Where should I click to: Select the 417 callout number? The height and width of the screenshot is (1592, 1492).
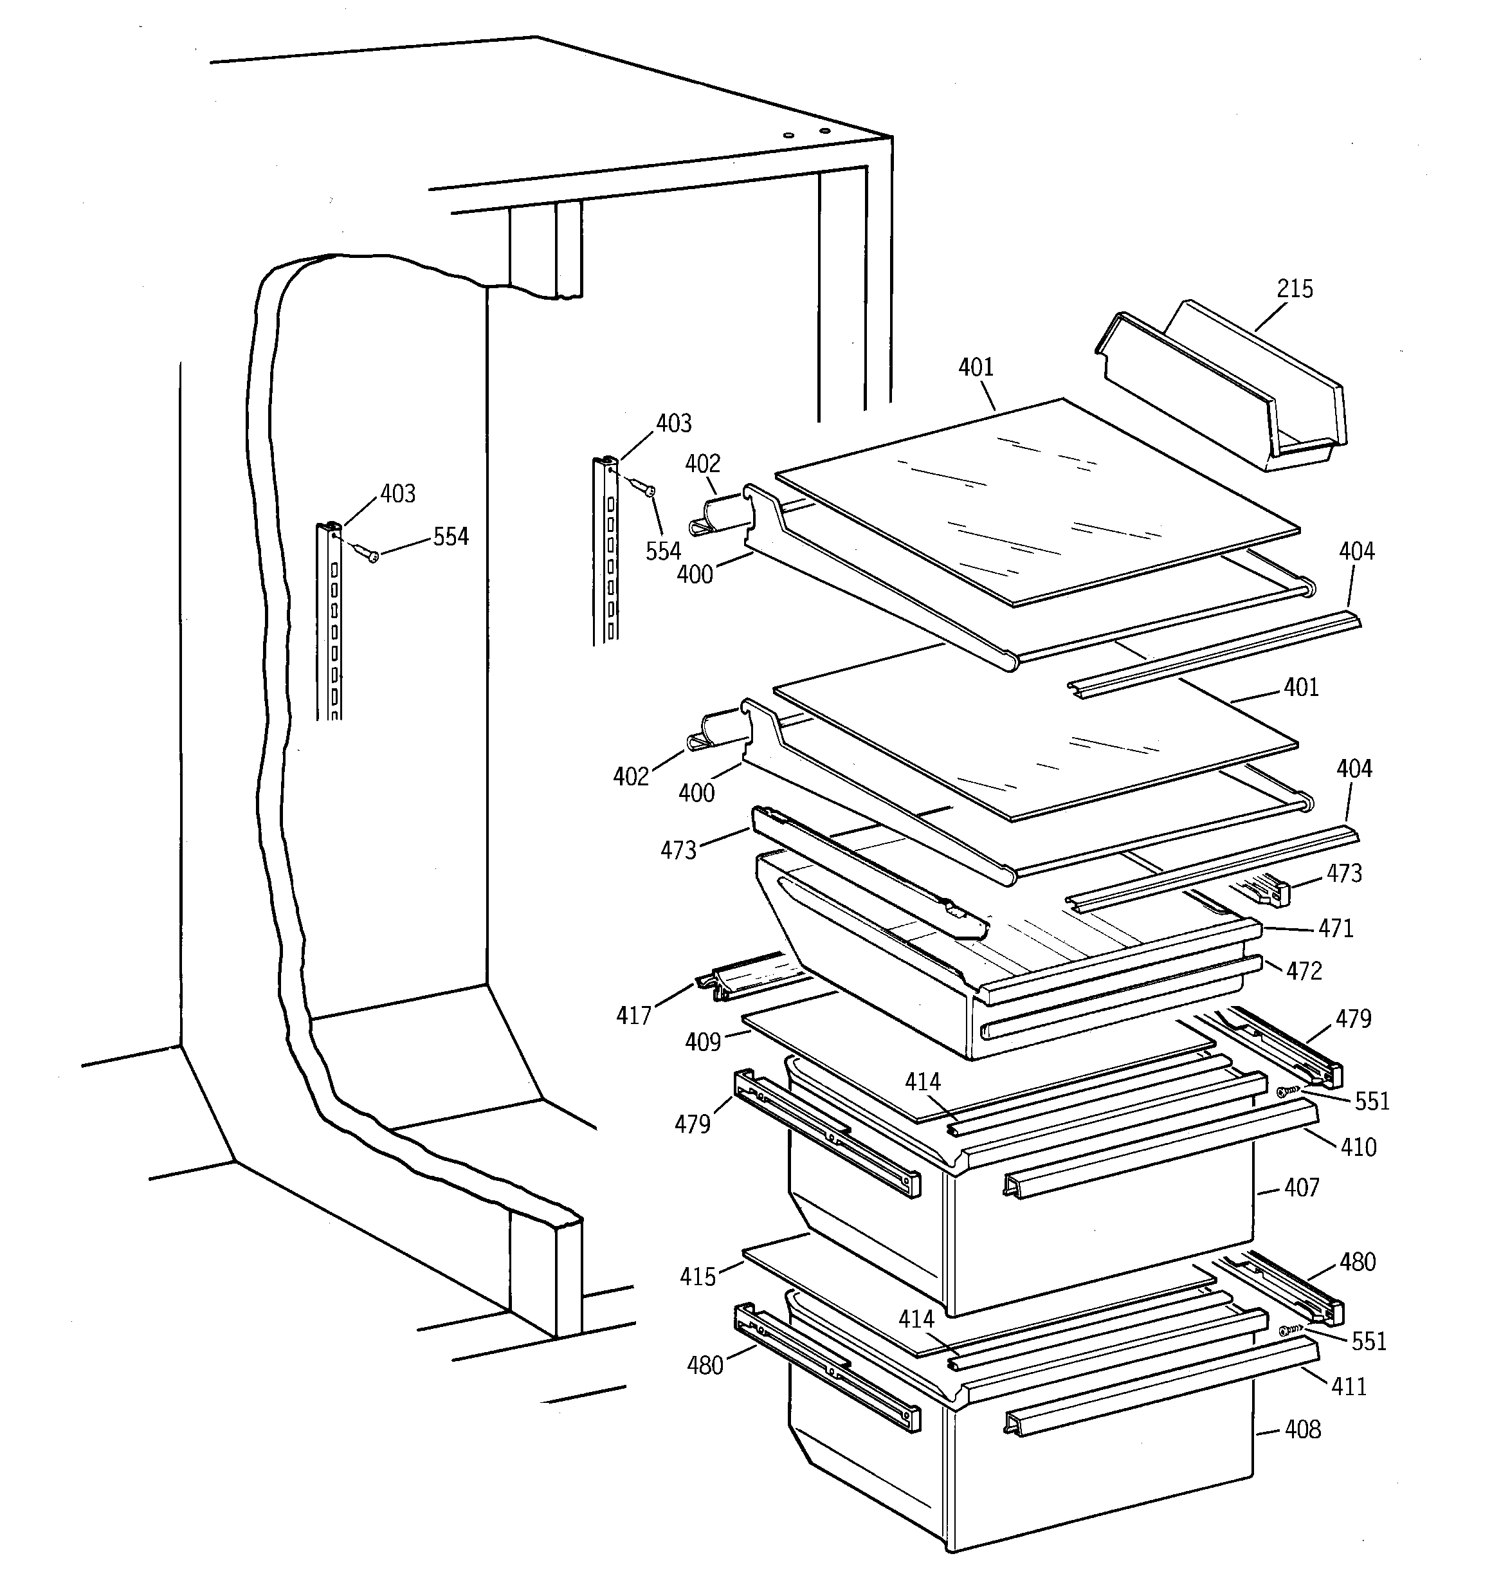(x=633, y=1016)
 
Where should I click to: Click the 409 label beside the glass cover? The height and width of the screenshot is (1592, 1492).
(x=702, y=1042)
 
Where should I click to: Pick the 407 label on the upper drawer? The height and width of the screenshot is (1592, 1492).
(x=1300, y=1187)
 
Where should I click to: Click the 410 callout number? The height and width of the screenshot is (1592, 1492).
(x=1358, y=1148)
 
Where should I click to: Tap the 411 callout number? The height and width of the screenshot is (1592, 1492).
(x=1349, y=1386)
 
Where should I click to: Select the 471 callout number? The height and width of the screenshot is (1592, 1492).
(x=1335, y=929)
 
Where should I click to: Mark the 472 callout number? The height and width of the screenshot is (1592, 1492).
(x=1304, y=971)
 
